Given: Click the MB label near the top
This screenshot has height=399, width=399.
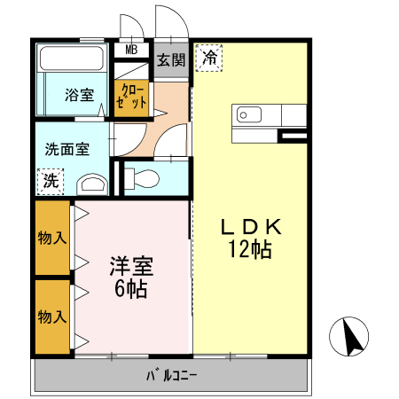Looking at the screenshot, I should click(131, 50).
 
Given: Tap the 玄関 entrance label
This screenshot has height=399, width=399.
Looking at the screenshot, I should click(171, 60).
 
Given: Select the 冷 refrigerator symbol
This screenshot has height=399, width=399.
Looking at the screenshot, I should click(209, 58).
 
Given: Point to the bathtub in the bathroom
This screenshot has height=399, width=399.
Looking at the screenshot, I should click(73, 60).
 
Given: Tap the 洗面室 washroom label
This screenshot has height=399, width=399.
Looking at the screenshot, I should click(67, 149).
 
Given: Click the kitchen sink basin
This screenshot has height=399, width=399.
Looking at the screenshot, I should click(246, 115).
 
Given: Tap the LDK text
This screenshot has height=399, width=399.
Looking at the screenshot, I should click(251, 227).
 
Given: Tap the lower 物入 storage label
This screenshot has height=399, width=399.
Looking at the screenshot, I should click(52, 316).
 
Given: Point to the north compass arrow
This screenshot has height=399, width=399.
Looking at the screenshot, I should click(351, 338).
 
